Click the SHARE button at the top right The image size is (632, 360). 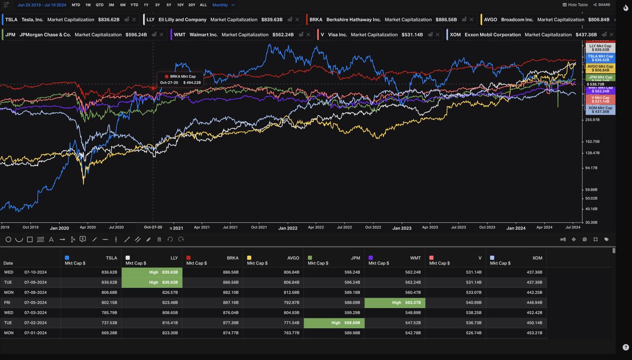[x=601, y=5]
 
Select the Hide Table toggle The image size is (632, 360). [x=576, y=5]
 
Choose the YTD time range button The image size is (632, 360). [x=134, y=5]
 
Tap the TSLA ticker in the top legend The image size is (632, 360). [x=11, y=19]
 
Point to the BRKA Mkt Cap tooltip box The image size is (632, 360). [x=180, y=79]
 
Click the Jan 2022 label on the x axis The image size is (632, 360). [x=288, y=228]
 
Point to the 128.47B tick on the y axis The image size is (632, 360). [x=592, y=153]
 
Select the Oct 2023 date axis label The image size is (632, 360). [x=487, y=227]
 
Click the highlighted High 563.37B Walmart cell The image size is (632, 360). [x=394, y=303]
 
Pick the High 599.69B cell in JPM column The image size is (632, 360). [x=334, y=323]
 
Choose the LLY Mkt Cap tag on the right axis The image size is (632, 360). [x=600, y=48]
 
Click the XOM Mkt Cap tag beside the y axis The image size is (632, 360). [x=600, y=109]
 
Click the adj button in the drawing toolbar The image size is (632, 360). [x=562, y=239]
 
